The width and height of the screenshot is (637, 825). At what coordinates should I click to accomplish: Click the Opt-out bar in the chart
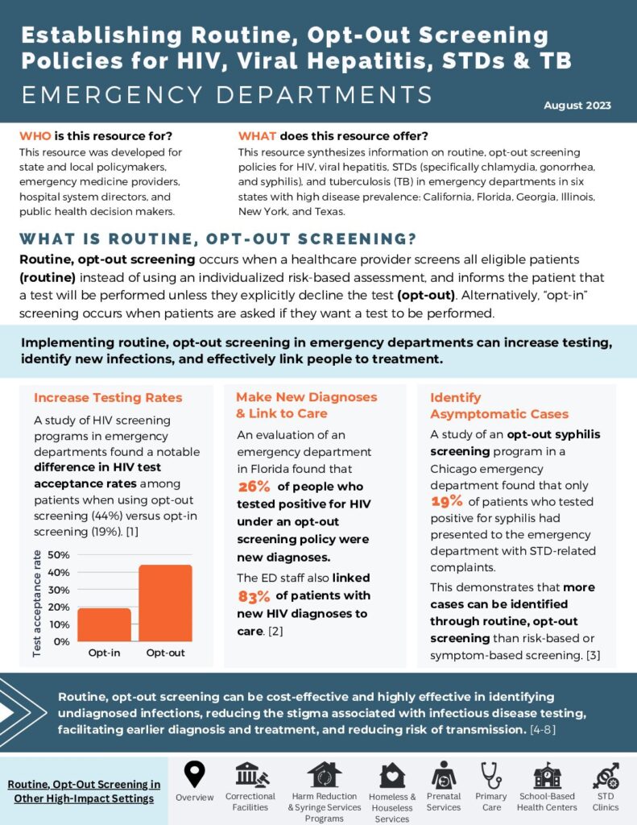[x=165, y=603]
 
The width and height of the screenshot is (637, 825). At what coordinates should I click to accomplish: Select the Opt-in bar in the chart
[x=104, y=624]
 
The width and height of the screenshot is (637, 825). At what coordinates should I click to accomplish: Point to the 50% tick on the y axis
[x=59, y=554]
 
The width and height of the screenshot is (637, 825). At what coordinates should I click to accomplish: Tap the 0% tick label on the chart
[x=61, y=641]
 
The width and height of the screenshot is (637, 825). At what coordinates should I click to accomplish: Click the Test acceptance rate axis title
[x=37, y=603]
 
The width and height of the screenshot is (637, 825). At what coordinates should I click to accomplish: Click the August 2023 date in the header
[x=577, y=106]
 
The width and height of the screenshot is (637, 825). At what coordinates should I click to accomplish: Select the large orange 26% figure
[x=254, y=486]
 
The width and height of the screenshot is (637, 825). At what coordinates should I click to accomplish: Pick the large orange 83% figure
[x=254, y=596]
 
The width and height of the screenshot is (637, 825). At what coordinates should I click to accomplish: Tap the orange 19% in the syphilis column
[x=447, y=501]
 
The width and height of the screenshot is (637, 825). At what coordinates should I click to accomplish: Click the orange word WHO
[x=35, y=135]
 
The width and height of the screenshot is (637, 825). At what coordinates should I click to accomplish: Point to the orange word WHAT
[x=257, y=135]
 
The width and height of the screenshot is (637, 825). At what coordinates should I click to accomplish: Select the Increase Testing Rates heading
[x=108, y=397]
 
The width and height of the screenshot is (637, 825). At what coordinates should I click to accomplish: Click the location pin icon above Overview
[x=194, y=774]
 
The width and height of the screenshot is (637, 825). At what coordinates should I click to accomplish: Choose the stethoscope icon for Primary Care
[x=491, y=775]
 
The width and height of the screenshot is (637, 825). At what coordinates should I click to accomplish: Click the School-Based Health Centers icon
[x=547, y=774]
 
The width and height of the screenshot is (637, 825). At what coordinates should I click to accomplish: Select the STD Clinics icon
[x=606, y=775]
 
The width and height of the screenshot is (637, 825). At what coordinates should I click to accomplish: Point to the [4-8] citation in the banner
[x=543, y=730]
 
